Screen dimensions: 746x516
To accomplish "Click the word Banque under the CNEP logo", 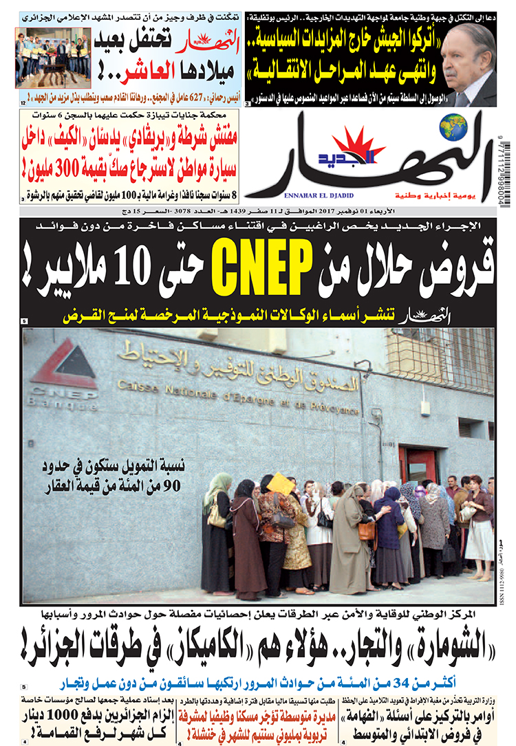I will tap(62, 404).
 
